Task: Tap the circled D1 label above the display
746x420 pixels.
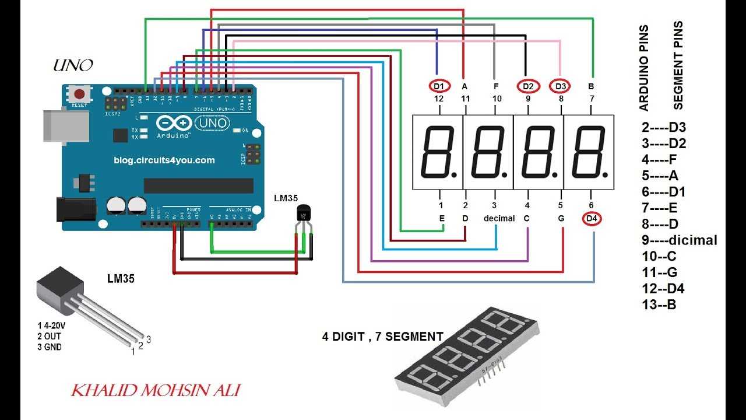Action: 439,86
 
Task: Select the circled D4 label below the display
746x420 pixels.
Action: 592,219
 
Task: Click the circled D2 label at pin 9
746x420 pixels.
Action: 528,86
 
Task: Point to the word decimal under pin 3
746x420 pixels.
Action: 499,219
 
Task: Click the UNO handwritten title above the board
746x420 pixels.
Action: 73,65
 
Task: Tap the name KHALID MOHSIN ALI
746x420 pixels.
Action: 155,390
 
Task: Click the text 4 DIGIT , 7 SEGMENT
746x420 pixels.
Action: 382,337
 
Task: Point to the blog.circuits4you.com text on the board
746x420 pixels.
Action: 164,160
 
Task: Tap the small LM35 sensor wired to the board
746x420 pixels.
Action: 304,214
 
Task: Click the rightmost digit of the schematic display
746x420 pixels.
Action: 589,152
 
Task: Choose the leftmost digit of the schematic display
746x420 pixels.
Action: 438,152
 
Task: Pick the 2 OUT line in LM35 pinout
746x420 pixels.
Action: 48,336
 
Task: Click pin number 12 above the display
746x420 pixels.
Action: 439,99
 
